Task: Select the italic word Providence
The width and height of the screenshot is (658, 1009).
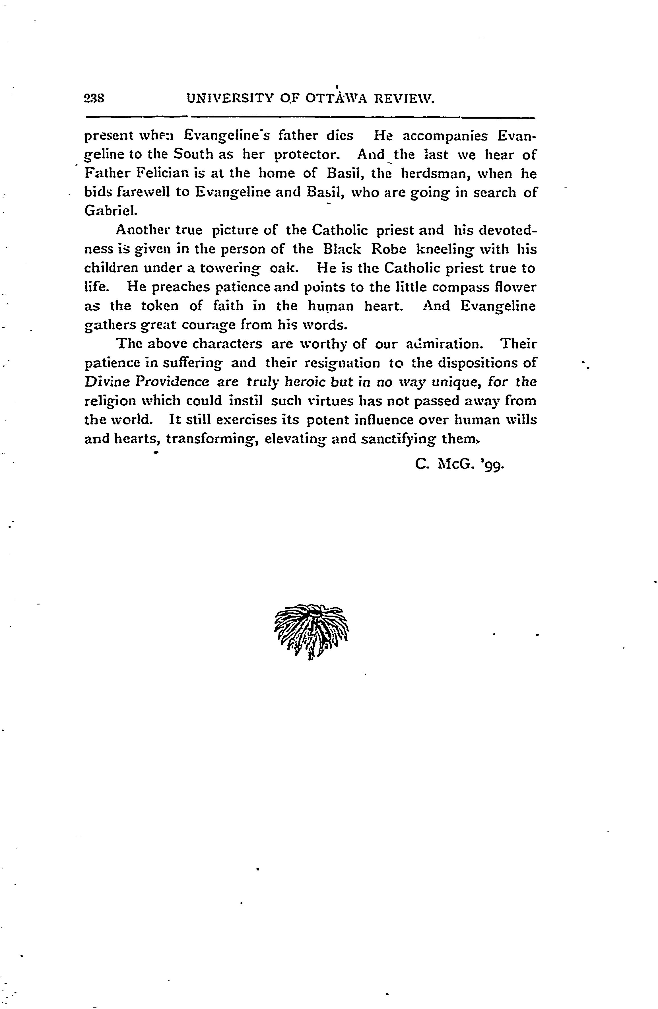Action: [x=172, y=382]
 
